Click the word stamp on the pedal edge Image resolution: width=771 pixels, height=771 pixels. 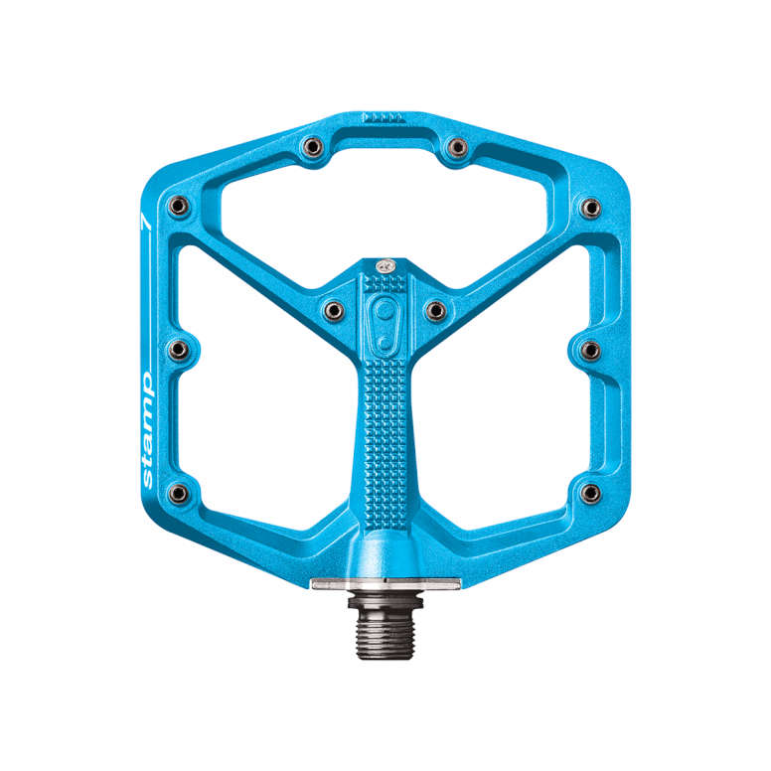tap(147, 430)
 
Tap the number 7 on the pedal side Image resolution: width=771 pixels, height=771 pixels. tap(146, 221)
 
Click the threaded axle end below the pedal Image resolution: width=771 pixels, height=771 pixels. tap(385, 627)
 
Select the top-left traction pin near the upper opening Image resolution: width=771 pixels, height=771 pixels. tap(313, 146)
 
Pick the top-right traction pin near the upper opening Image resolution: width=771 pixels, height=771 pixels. tap(457, 146)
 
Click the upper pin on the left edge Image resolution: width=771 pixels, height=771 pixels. tap(179, 206)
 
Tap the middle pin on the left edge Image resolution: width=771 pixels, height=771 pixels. tap(179, 350)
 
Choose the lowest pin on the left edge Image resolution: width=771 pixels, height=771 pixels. tap(179, 493)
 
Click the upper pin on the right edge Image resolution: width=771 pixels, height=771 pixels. tap(590, 208)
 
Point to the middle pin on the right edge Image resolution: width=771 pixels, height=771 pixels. tap(590, 351)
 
